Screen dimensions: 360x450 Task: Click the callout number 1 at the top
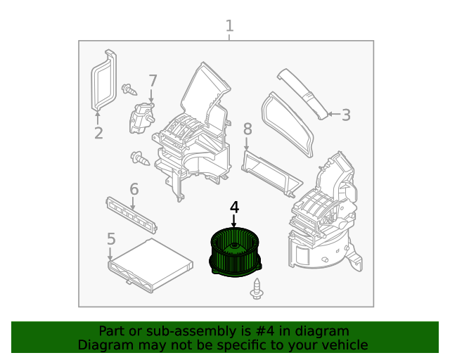click(x=229, y=26)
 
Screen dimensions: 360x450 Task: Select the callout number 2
click(x=98, y=133)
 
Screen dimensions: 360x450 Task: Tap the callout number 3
click(x=346, y=115)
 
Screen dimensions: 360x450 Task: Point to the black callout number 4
click(x=234, y=207)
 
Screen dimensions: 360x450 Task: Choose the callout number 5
click(x=111, y=240)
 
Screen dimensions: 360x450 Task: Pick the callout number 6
click(x=134, y=189)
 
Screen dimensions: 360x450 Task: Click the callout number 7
click(x=153, y=81)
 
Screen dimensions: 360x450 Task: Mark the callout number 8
click(x=247, y=129)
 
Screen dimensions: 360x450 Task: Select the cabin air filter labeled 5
click(x=150, y=264)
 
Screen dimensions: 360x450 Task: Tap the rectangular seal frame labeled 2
click(x=105, y=79)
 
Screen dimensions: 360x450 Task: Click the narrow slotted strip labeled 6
click(x=131, y=214)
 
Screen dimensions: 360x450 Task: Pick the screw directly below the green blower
click(x=257, y=287)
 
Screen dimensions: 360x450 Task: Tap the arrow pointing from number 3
click(x=332, y=114)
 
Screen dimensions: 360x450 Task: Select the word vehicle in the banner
click(x=344, y=345)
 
